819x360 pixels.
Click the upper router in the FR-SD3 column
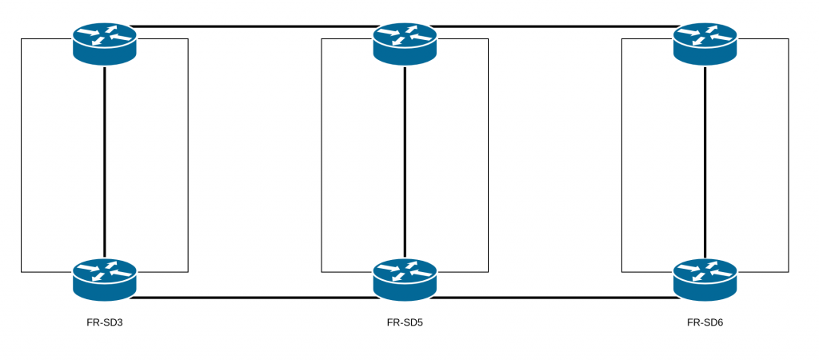[105, 43]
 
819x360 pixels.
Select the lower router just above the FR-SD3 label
[105, 279]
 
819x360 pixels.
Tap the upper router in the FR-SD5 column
[405, 43]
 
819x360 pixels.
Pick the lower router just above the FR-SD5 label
[405, 279]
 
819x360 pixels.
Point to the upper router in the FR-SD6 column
[705, 43]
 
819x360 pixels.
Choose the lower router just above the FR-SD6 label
[705, 279]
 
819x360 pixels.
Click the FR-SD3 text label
[105, 323]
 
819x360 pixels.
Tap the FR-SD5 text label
[405, 323]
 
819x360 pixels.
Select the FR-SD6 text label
[705, 323]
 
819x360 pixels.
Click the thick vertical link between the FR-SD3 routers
[105, 160]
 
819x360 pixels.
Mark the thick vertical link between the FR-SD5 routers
[405, 160]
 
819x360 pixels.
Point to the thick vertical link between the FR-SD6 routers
[705, 160]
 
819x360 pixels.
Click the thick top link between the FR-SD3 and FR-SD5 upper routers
[254, 26]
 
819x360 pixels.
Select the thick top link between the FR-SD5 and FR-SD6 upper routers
[555, 26]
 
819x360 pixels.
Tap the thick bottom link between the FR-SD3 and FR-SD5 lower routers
[254, 298]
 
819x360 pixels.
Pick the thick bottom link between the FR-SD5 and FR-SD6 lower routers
[555, 298]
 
